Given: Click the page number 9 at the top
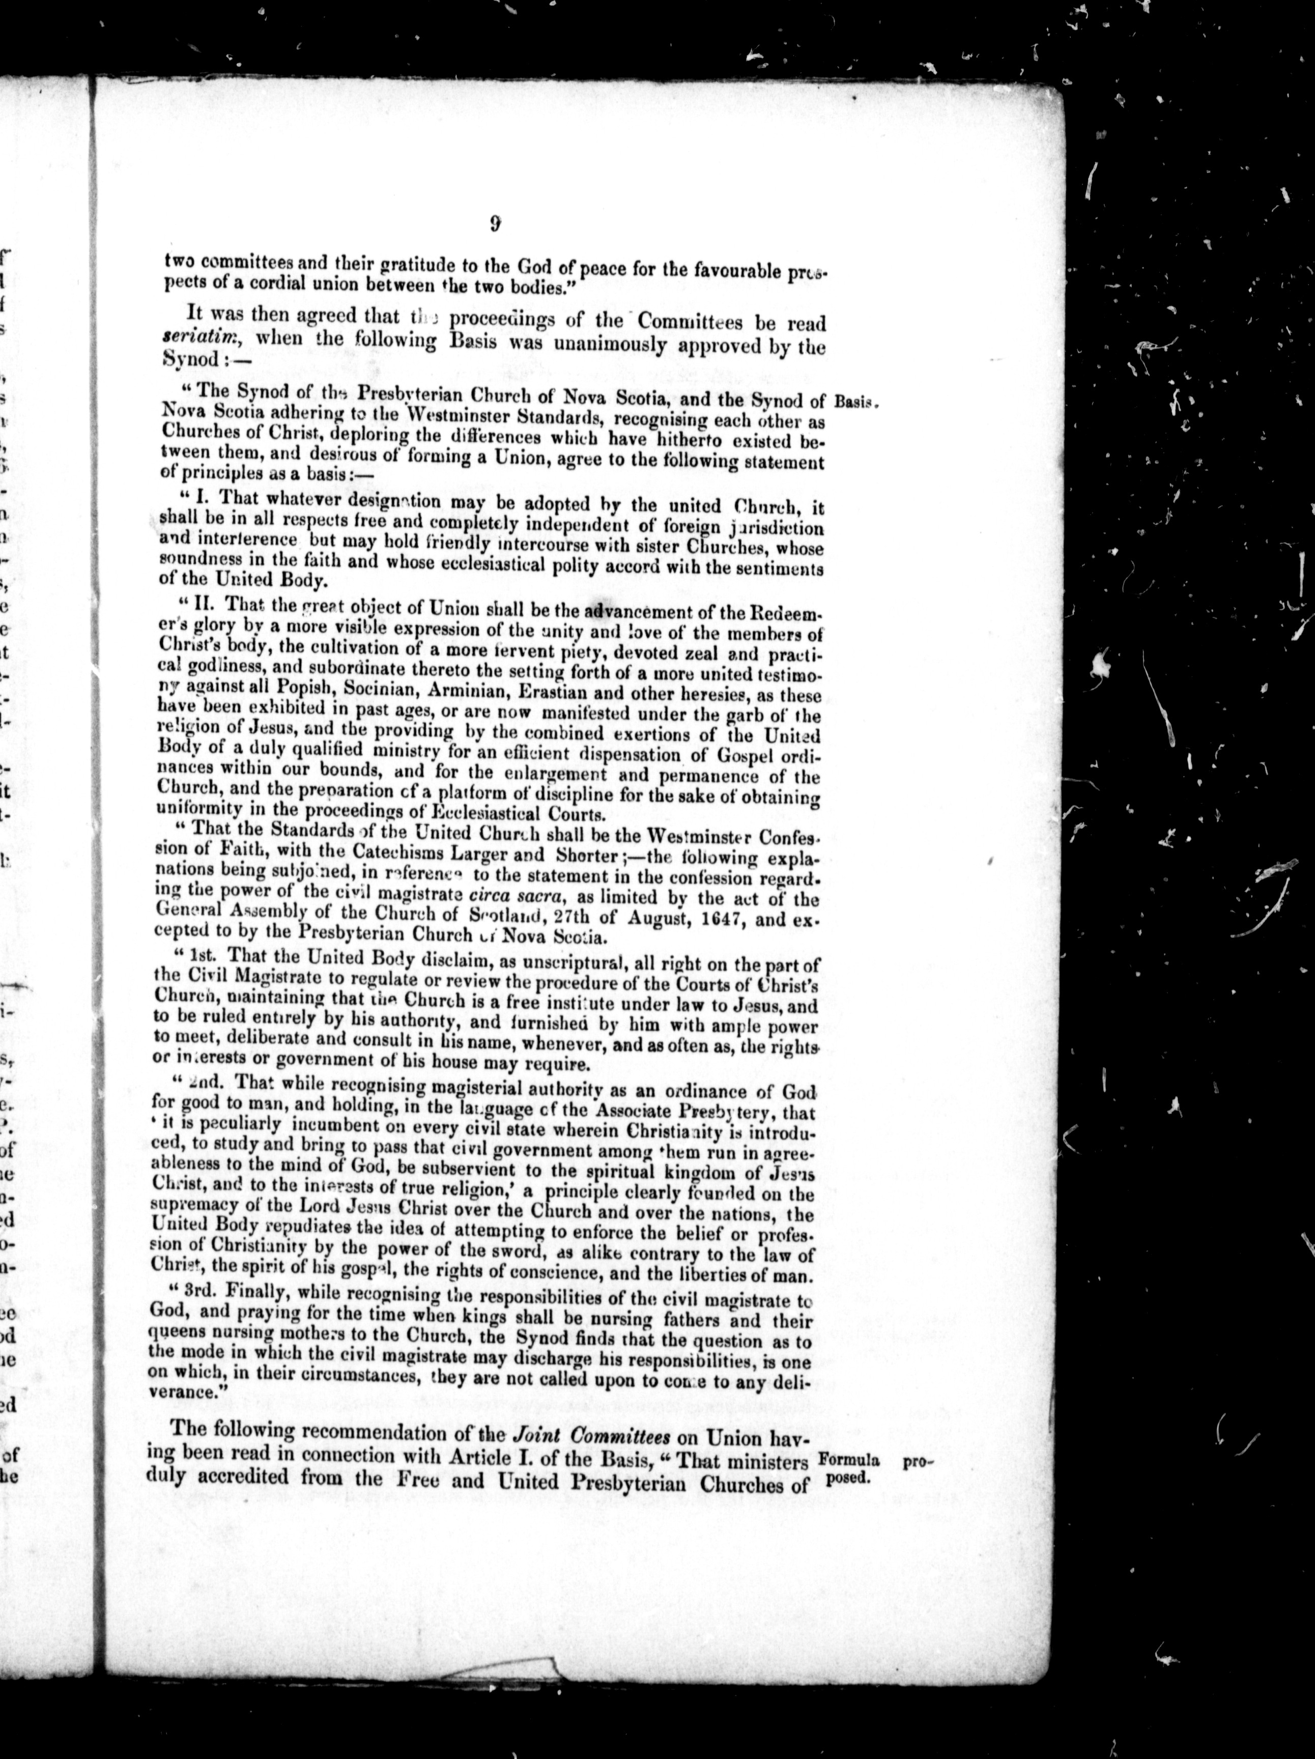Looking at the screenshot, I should [x=495, y=224].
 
